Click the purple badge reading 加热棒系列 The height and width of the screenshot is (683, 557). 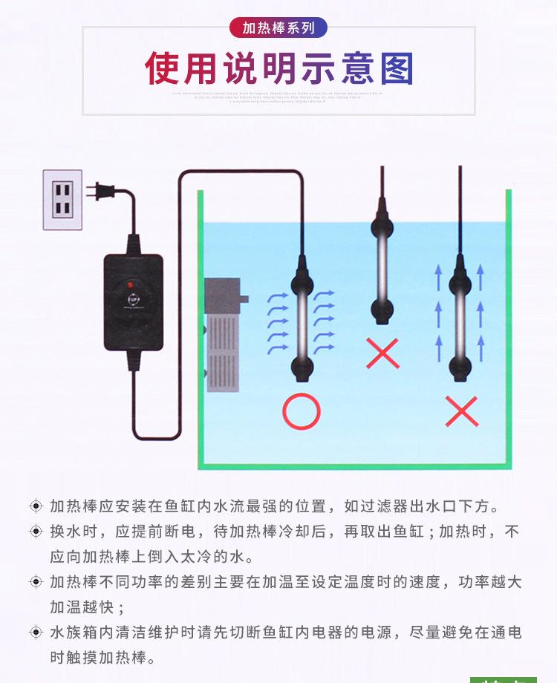tap(278, 28)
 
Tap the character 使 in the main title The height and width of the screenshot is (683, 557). tap(163, 69)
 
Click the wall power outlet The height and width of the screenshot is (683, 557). tap(62, 199)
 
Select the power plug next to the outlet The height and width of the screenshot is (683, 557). tap(100, 192)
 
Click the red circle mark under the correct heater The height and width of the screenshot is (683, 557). tap(302, 412)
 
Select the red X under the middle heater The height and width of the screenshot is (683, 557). tap(383, 353)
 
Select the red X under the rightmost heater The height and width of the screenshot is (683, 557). tap(461, 411)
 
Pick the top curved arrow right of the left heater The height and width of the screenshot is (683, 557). tap(325, 295)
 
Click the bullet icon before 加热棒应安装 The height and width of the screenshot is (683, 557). tap(36, 506)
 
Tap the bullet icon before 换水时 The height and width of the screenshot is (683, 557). tap(36, 532)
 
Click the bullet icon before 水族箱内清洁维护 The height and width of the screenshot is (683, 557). tap(36, 633)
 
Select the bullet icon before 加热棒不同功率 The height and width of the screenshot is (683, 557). tap(36, 582)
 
